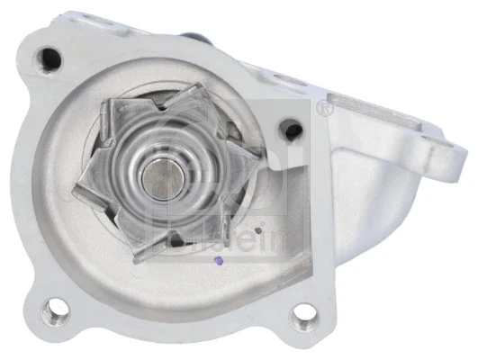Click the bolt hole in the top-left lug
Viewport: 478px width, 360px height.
click(51, 58)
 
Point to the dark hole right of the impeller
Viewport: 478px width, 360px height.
click(288, 129)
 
